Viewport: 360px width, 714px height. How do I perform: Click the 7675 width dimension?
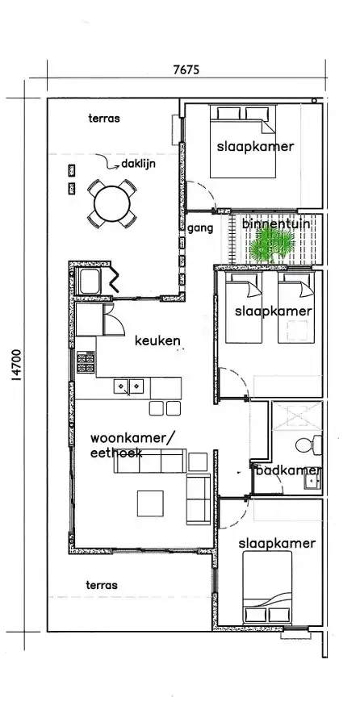186,69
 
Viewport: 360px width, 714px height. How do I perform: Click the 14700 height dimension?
16,365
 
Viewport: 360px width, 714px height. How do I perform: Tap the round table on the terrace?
111,203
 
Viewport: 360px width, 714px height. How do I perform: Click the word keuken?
157,340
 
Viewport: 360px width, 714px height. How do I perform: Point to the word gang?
200,228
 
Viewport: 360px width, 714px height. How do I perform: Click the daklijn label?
138,164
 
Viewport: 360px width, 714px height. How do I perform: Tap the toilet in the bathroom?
308,445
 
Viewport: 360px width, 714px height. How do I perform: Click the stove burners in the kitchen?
86,363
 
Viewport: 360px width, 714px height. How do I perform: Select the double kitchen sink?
128,386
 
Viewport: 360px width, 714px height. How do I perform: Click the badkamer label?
289,470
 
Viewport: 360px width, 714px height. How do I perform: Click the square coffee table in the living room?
150,503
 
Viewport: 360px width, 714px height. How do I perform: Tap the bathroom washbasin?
312,480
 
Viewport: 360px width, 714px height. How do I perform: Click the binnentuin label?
277,224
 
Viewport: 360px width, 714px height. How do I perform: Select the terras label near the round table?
104,119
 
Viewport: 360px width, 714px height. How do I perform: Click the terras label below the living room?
102,585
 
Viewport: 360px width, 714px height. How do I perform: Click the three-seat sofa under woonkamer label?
150,461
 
